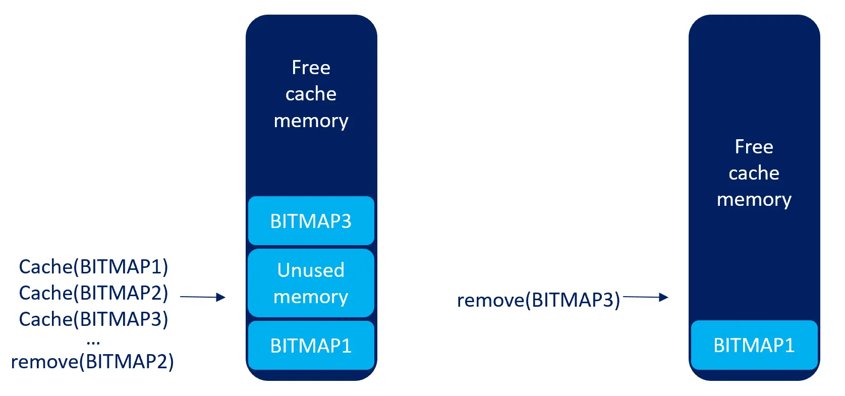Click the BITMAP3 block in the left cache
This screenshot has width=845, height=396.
click(x=311, y=221)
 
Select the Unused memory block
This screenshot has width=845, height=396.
click(x=311, y=283)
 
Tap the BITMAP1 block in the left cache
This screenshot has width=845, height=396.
click(x=311, y=346)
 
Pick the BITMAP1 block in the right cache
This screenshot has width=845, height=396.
click(x=754, y=346)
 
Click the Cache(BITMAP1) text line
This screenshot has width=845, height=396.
click(x=93, y=266)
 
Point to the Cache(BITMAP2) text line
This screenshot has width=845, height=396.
click(x=93, y=293)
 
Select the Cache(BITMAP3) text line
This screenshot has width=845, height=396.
click(x=93, y=319)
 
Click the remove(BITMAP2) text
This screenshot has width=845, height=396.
click(x=92, y=361)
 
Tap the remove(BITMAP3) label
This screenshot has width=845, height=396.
click(x=538, y=300)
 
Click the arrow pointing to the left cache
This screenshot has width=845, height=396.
click(x=203, y=297)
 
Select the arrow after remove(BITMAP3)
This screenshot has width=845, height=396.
click(x=646, y=297)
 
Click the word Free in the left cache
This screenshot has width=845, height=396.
click(x=311, y=68)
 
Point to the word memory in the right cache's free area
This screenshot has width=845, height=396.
click(x=754, y=200)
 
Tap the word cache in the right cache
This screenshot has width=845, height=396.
click(x=754, y=173)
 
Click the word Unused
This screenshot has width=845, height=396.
click(x=311, y=270)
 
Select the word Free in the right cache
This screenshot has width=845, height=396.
click(x=754, y=147)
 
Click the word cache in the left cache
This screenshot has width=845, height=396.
click(x=311, y=94)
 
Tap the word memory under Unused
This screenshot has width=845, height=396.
click(x=311, y=297)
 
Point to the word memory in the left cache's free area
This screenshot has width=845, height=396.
click(x=311, y=121)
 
